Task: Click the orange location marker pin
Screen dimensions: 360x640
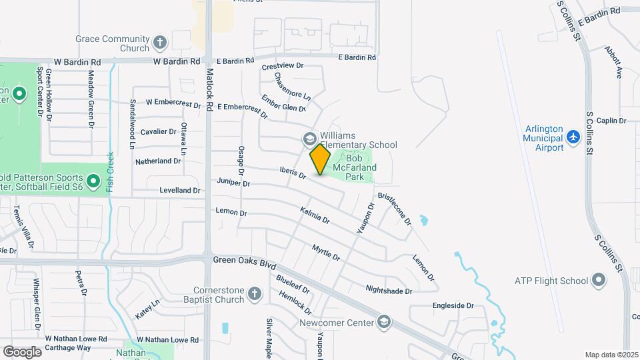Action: [320, 159]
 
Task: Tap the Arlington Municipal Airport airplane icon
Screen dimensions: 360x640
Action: [573, 136]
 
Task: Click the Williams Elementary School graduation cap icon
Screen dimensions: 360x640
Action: [309, 139]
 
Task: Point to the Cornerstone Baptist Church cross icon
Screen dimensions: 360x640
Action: [253, 294]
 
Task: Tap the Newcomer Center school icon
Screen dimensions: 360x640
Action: [383, 323]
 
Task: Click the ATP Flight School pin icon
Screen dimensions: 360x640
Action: [599, 281]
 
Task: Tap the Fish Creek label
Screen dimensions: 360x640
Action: [111, 172]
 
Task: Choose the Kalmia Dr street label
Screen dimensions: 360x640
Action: [315, 215]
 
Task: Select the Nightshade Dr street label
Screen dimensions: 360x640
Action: [389, 290]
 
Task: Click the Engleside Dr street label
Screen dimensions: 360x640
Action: [453, 306]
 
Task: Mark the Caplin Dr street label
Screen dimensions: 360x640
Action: [611, 121]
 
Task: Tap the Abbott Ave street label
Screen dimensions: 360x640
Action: [613, 63]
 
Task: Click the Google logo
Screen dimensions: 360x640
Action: [22, 351]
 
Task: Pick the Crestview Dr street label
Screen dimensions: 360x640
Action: [283, 66]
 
